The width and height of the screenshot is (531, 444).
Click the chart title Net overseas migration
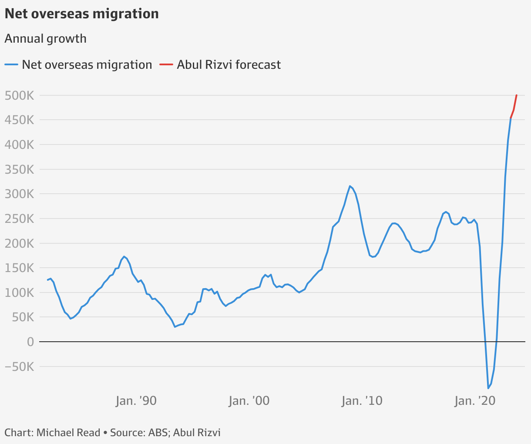(81, 14)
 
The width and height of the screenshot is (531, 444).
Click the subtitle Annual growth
(45, 39)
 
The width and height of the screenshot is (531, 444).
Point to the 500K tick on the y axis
(19, 95)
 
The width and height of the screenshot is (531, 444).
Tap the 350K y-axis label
(19, 169)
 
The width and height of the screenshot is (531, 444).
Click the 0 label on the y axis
(30, 342)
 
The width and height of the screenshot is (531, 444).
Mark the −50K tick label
(19, 367)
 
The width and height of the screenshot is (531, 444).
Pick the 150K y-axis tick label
(19, 268)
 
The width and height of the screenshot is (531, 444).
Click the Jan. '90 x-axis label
(136, 401)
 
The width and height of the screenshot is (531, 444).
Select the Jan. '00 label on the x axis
(249, 401)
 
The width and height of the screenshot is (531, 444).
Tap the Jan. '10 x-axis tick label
(362, 401)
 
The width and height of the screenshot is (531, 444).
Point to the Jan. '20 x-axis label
(474, 401)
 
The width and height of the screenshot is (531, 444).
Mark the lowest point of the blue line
(488, 388)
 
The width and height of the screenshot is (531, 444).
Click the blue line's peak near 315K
(350, 186)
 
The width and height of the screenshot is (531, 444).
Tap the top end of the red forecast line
(517, 95)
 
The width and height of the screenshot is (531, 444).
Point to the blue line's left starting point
(47, 280)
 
